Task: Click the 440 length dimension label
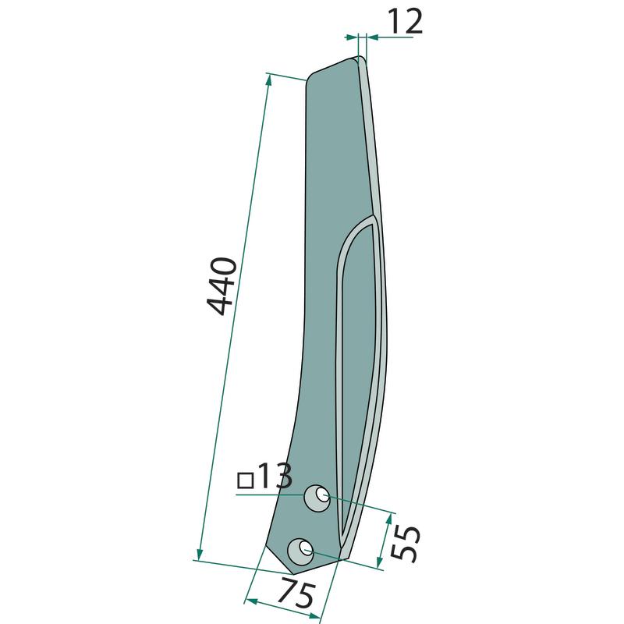tap(222, 286)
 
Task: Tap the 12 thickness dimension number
tap(405, 22)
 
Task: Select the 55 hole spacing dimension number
tap(405, 543)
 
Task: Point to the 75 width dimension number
tap(296, 592)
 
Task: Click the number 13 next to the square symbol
tap(275, 476)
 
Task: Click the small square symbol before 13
tap(246, 480)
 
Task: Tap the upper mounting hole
tap(317, 498)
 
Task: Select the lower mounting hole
tap(300, 551)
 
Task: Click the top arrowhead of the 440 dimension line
tap(268, 80)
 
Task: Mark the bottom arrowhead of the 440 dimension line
tap(200, 554)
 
